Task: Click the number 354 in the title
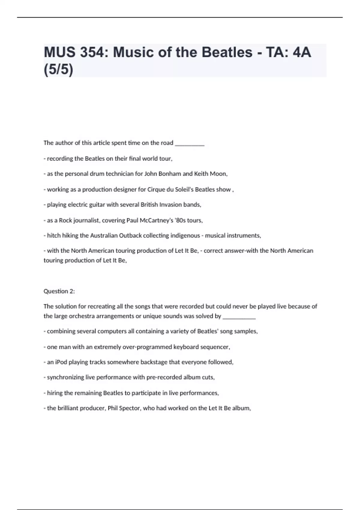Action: [x=92, y=52]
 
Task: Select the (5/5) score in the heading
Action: [x=58, y=70]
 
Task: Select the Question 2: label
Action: [x=59, y=291]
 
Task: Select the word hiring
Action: [x=55, y=393]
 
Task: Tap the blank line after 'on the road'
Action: [x=190, y=143]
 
